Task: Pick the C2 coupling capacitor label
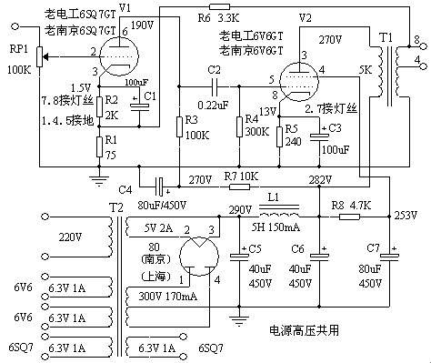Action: point(214,70)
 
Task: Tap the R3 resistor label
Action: point(189,118)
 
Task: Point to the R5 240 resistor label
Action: point(292,136)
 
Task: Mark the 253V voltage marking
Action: point(406,216)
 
